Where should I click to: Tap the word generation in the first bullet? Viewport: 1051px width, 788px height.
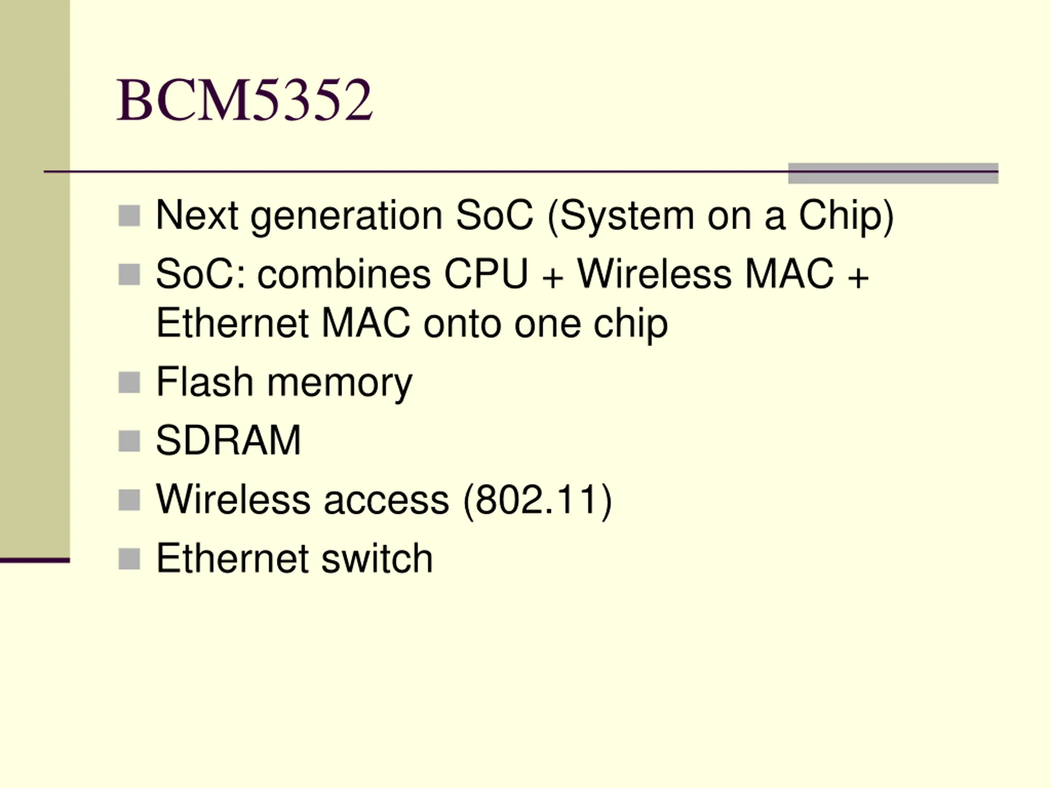point(347,217)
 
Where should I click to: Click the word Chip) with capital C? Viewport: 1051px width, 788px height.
point(846,217)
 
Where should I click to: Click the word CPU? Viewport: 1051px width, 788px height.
point(486,275)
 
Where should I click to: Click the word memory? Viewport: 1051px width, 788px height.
point(340,384)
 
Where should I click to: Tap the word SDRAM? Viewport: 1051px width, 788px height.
point(228,441)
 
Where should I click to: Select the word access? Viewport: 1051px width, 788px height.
point(386,500)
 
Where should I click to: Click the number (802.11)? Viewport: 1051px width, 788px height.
point(537,500)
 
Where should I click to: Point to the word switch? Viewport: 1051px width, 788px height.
point(377,559)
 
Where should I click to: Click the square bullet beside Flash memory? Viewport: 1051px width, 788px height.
point(129,383)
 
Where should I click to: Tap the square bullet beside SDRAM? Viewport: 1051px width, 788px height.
point(129,441)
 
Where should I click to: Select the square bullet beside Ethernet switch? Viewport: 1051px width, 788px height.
point(129,559)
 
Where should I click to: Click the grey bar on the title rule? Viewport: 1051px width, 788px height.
point(893,173)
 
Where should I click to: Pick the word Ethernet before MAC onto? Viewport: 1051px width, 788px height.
point(233,324)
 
